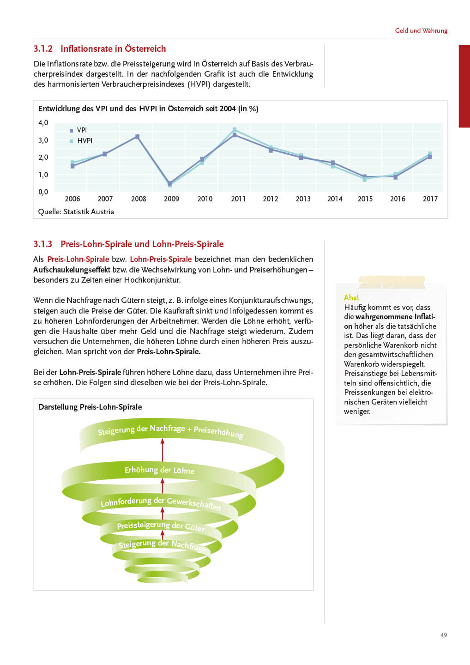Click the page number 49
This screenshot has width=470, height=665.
(443, 635)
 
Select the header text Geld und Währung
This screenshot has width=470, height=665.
(421, 30)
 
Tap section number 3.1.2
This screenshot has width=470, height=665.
(43, 48)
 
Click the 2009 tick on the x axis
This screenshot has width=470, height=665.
(171, 199)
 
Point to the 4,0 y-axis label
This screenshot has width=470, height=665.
(43, 122)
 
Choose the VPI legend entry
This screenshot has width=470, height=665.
(81, 130)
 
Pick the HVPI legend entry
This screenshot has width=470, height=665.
(84, 141)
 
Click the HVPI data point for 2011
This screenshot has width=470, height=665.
(235, 130)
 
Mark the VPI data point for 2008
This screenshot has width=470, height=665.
(137, 137)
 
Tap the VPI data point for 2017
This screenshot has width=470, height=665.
(429, 157)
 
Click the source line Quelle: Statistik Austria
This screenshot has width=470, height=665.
(76, 212)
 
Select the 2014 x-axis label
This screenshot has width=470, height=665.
(335, 199)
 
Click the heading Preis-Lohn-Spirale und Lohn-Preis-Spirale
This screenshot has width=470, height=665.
(142, 244)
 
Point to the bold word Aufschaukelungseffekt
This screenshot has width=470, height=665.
(72, 270)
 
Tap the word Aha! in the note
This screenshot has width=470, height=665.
(351, 297)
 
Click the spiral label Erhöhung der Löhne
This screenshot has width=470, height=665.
(159, 470)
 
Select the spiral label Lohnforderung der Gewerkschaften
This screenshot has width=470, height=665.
(161, 502)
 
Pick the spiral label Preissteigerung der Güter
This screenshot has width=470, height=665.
(160, 526)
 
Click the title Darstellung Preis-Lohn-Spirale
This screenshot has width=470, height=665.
(90, 407)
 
